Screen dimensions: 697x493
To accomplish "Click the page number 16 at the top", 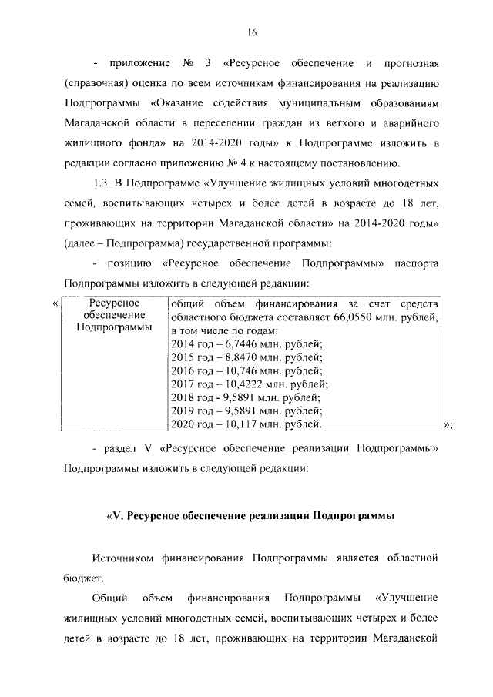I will coord(251,32).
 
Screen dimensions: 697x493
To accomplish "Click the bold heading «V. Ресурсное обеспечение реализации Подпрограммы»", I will coord(250,517).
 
